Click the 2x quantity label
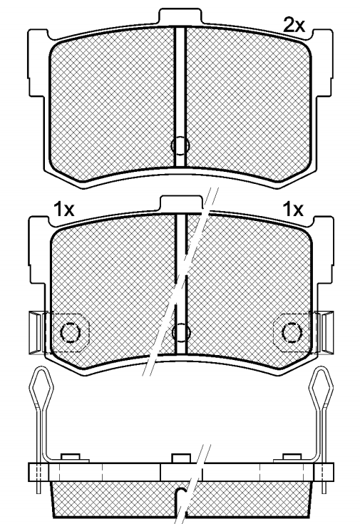(x=294, y=25)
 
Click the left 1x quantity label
(x=63, y=210)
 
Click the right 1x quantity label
(x=293, y=210)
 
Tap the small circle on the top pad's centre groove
(x=180, y=145)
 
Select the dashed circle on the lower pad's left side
(x=70, y=332)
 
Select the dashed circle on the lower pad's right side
(x=292, y=332)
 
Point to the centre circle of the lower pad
(x=181, y=332)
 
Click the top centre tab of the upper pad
(x=180, y=16)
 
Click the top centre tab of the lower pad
(x=181, y=203)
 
